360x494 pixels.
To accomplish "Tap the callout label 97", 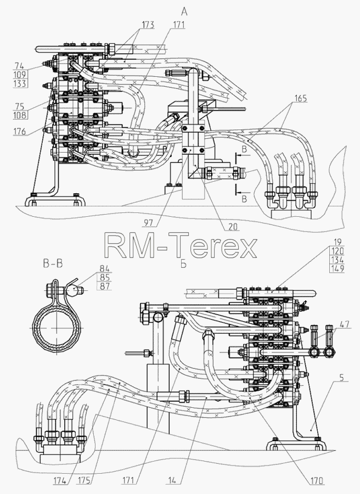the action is tap(148, 223).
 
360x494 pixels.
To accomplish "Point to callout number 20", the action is tap(234, 226).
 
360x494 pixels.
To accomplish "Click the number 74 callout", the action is tap(19, 66).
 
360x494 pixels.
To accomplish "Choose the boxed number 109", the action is tap(20, 75).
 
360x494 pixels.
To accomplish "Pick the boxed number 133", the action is tap(20, 83).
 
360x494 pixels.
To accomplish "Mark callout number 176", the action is tap(20, 131).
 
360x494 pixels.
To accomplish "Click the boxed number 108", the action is tap(20, 115).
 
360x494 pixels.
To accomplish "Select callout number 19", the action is tap(337, 242).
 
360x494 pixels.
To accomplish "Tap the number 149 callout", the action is tap(337, 269).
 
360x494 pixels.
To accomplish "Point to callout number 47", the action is tap(345, 324).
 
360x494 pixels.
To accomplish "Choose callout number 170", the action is tap(317, 481).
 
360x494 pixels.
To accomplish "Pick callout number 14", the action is tap(172, 481).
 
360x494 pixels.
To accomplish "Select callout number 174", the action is tap(59, 481).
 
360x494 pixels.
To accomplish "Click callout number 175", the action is tap(84, 481).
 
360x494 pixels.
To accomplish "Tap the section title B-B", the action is tap(53, 263).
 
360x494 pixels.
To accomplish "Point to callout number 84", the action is tap(105, 269).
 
